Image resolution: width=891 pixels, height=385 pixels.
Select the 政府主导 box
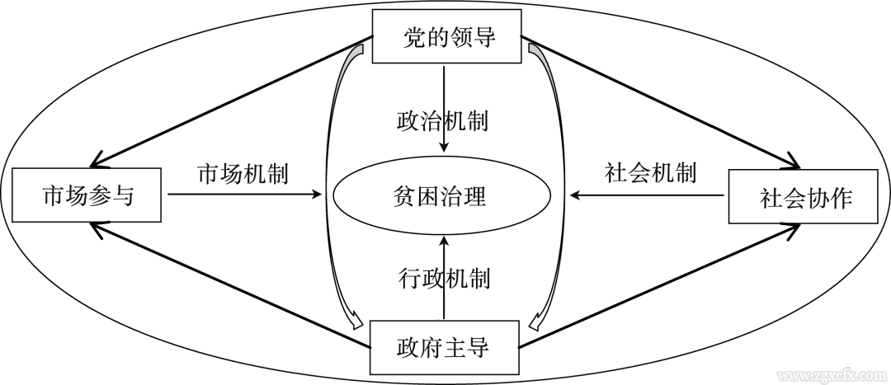tap(445, 346)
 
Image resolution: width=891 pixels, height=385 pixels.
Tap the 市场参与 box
tap(88, 196)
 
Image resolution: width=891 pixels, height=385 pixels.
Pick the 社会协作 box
tap(802, 196)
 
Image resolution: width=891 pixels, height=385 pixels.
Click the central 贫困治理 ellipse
tap(441, 197)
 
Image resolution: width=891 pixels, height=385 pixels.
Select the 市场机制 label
tap(242, 173)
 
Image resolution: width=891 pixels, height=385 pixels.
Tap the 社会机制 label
tap(650, 173)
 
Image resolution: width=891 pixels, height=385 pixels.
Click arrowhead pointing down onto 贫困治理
tap(445, 148)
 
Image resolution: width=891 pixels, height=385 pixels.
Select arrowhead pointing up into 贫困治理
tap(445, 242)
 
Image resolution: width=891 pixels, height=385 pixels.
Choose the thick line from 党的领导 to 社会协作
tap(660, 101)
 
